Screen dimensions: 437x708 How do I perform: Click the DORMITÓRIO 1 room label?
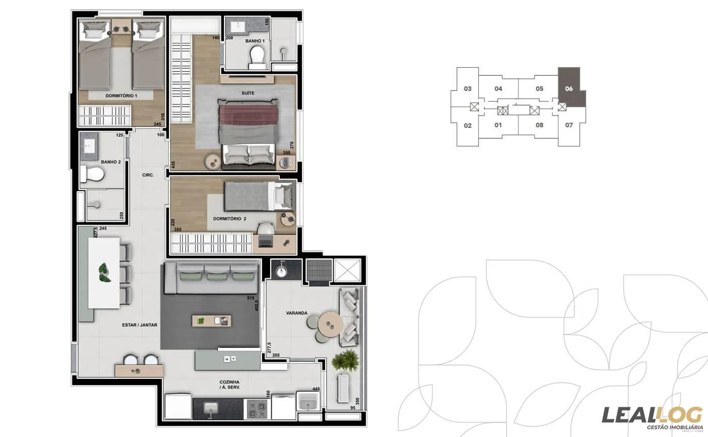(121, 95)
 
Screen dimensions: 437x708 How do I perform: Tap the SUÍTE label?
(248, 93)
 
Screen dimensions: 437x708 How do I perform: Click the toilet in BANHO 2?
(93, 174)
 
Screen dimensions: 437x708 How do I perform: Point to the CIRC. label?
(148, 175)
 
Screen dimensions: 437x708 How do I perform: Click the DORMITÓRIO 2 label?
(229, 219)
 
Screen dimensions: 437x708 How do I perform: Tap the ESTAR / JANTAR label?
(139, 325)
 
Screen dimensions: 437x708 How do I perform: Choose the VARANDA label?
(296, 313)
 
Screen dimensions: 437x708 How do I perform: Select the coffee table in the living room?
(211, 320)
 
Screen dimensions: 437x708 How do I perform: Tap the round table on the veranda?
(329, 323)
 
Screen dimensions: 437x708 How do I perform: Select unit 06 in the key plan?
(569, 88)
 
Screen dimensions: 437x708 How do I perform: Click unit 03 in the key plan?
(467, 89)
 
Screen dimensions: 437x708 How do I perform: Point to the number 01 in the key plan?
(498, 125)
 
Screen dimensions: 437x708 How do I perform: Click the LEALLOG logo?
(652, 415)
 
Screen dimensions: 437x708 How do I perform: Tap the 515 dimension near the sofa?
(250, 299)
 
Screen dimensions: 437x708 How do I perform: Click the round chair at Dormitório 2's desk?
(265, 230)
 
